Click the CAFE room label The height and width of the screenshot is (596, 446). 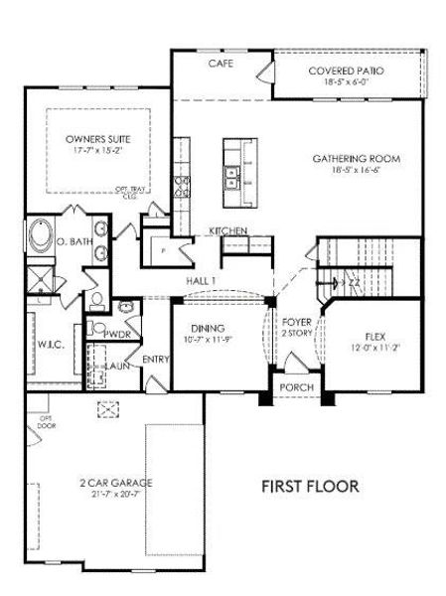220,63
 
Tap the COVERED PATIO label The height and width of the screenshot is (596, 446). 346,73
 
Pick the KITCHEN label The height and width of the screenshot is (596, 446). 227,232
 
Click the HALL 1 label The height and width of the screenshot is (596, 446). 202,281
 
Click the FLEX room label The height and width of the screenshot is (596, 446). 374,336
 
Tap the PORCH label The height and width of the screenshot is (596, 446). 295,387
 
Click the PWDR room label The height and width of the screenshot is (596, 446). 119,334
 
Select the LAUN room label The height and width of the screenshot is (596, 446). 119,365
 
